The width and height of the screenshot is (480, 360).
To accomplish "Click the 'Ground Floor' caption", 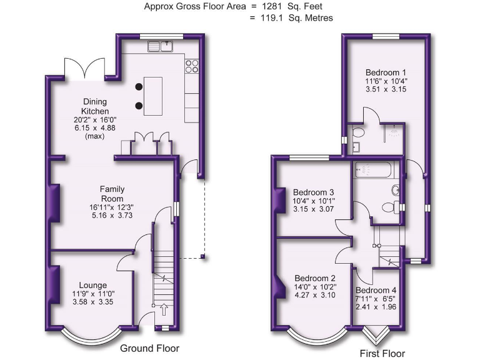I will point(149,348).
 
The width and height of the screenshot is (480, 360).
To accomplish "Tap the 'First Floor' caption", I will point(382,352).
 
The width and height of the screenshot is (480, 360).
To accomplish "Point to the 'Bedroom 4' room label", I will point(376,290).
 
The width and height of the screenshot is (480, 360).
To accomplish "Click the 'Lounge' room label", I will point(92,285).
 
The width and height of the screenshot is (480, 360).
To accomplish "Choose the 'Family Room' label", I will point(112,193).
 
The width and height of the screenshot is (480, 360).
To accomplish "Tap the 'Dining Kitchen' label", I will point(96,106).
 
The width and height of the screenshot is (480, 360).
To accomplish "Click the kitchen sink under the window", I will point(160,46).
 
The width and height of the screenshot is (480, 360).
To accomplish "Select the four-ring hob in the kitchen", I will point(192,66).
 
